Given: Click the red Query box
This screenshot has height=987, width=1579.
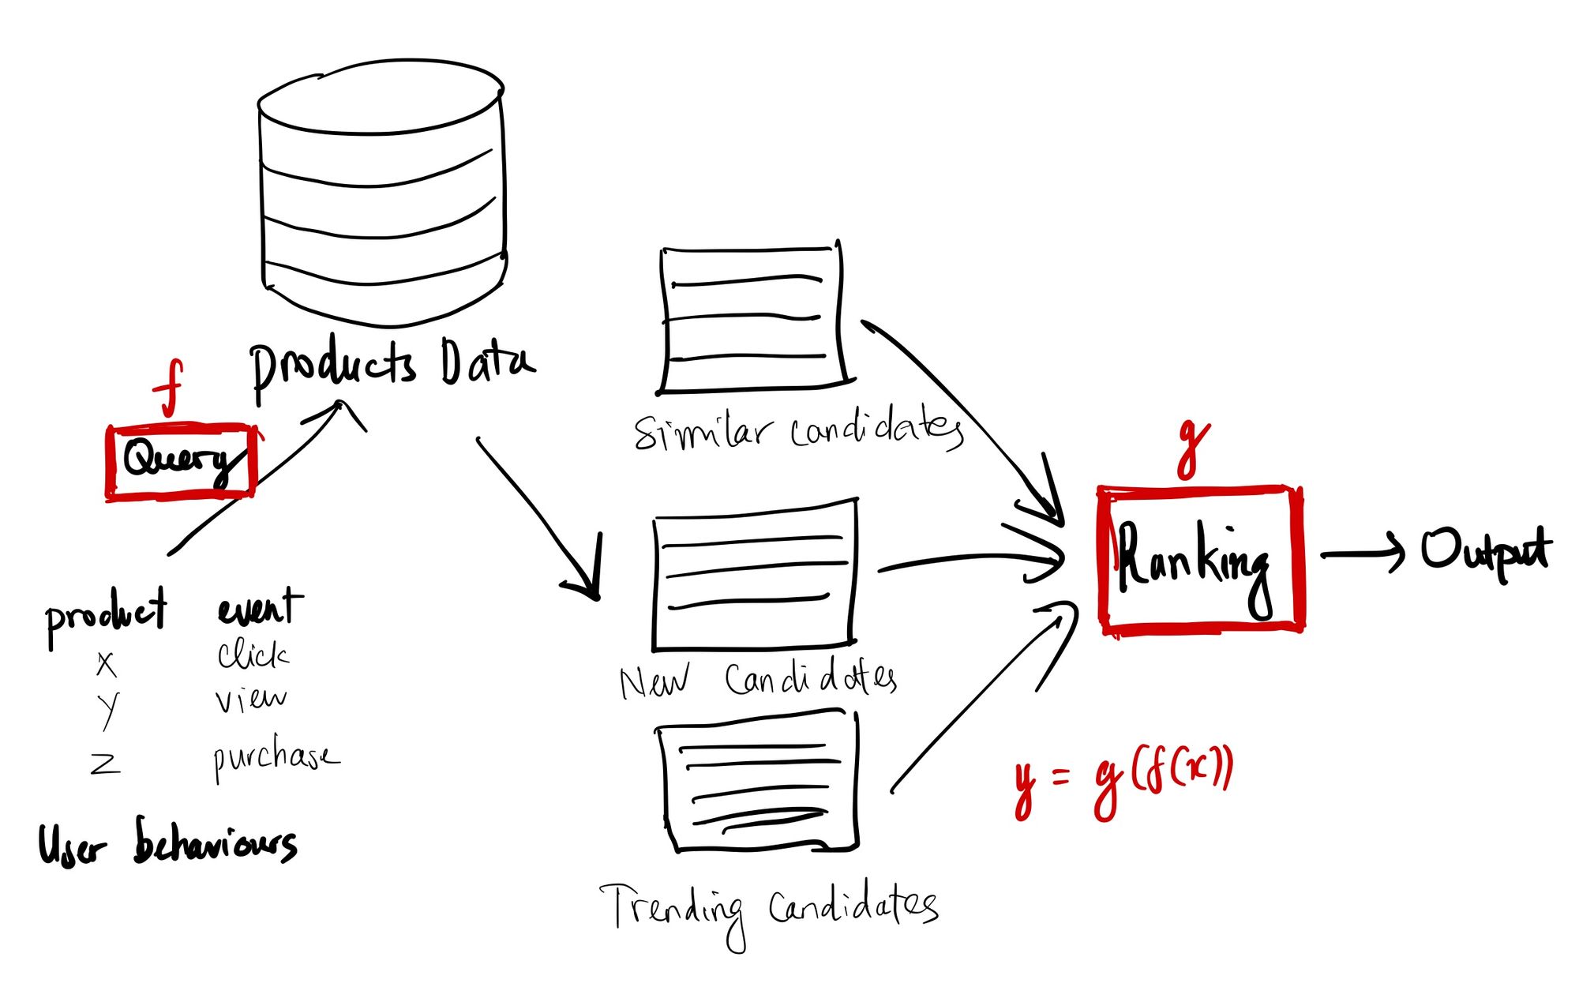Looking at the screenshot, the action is [181, 462].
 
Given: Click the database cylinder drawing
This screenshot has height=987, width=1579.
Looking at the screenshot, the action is [382, 193].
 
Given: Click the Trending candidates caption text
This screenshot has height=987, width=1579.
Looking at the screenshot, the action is [770, 908].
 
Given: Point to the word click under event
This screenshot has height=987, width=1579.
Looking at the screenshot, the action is [253, 655].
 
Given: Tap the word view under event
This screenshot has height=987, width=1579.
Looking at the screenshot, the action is [251, 699].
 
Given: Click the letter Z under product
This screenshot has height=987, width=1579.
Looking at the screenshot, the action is [105, 763].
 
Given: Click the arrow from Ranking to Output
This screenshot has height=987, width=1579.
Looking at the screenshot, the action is [1363, 554].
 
